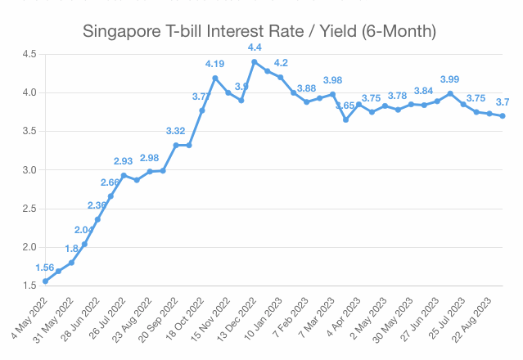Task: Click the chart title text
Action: [261, 32]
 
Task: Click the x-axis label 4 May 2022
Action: [28, 314]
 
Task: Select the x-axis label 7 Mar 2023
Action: [315, 316]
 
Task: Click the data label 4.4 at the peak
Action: [255, 47]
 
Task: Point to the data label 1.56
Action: [46, 268]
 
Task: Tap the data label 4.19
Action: [215, 64]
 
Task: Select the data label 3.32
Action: [176, 131]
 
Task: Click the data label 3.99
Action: [450, 79]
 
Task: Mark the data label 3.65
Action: [345, 106]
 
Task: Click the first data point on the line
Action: [45, 281]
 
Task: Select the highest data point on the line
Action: [255, 61]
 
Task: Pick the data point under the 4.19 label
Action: [215, 78]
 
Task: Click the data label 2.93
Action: [124, 161]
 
